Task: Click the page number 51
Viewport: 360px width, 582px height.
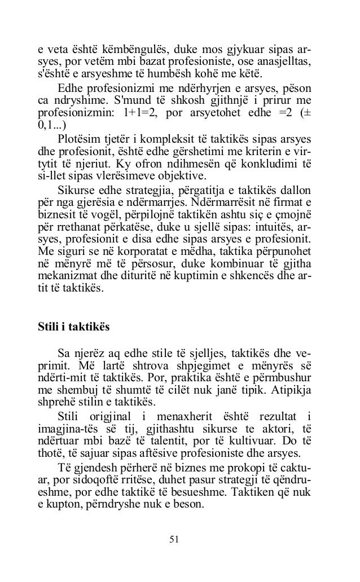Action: [x=174, y=539]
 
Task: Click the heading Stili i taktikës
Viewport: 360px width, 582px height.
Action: [x=73, y=327]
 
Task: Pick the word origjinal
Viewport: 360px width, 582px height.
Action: [x=102, y=417]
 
